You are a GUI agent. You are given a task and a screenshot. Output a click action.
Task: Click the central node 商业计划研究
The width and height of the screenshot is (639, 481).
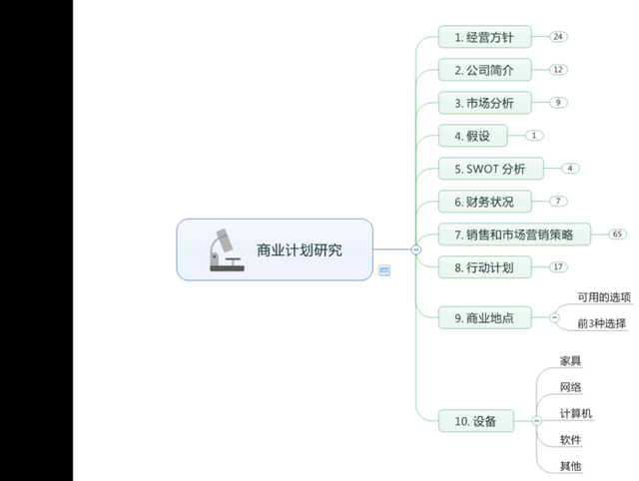click(x=298, y=249)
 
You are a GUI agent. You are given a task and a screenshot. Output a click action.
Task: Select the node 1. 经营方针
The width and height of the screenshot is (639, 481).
click(x=484, y=37)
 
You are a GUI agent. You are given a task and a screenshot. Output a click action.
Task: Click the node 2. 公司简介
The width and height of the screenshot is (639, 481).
click(x=484, y=70)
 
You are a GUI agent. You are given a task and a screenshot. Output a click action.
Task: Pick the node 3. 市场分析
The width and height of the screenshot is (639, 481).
click(x=484, y=103)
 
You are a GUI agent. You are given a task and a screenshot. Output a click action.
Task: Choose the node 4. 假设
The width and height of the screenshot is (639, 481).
click(x=472, y=136)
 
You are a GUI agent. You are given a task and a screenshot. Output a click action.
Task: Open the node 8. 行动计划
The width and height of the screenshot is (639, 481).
click(x=484, y=267)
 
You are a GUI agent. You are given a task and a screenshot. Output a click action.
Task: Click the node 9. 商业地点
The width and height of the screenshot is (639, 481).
click(x=484, y=317)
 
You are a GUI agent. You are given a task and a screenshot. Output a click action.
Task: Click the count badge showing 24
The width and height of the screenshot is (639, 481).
click(x=558, y=37)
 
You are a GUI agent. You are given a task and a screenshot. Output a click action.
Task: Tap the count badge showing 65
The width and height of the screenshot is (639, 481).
click(x=618, y=235)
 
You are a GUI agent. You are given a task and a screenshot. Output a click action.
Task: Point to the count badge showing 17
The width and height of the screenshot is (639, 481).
click(x=558, y=267)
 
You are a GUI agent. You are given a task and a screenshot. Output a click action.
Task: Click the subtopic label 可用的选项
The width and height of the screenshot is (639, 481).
click(x=604, y=297)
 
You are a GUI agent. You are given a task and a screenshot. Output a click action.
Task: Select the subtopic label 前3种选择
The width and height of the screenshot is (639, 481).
click(x=602, y=323)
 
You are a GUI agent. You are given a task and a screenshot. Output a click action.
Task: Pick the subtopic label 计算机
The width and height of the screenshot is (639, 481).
click(x=576, y=413)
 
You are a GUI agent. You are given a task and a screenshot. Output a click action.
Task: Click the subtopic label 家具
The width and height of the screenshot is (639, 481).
click(x=571, y=360)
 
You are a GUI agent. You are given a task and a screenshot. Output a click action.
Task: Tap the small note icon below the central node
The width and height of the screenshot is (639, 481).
click(x=384, y=269)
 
